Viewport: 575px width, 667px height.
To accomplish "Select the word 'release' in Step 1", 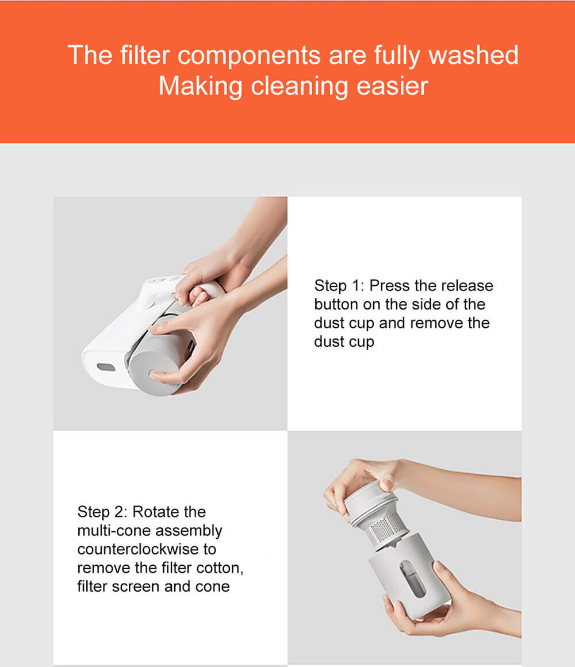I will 467,286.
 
